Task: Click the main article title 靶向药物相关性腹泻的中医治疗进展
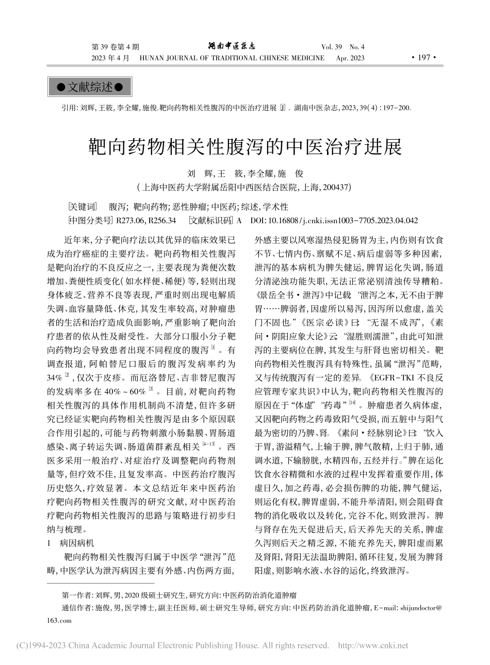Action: pyautogui.click(x=246, y=147)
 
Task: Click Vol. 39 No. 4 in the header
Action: pyautogui.click(x=343, y=47)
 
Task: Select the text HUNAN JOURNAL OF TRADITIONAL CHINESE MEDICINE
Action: pyautogui.click(x=232, y=58)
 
